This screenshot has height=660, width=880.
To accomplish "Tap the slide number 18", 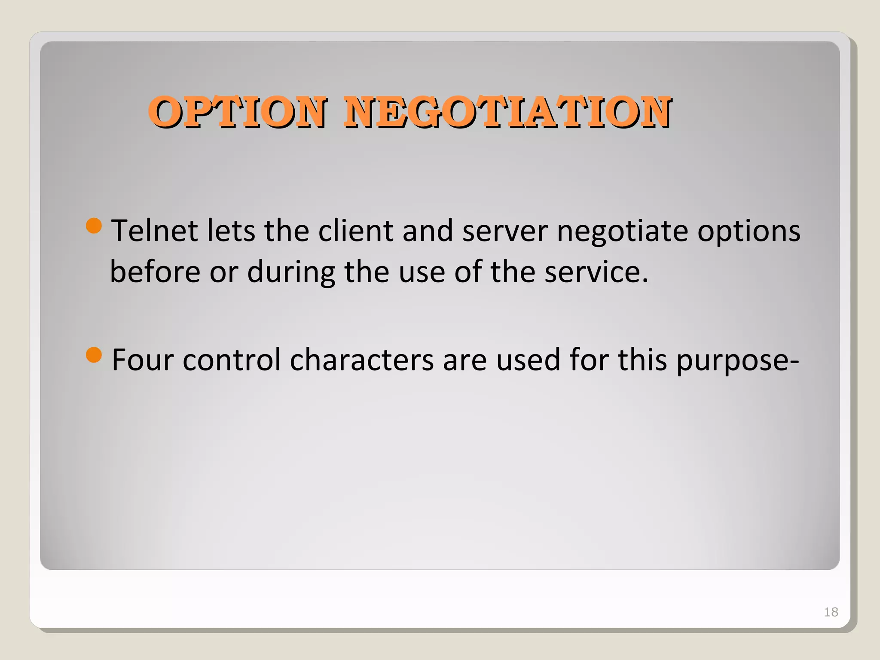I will pos(831,612).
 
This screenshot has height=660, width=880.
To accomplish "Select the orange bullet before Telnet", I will pos(94,226).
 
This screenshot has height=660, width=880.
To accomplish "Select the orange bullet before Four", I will pos(94,355).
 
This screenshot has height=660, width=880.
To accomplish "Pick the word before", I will pos(155,272).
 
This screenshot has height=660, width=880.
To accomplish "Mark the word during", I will pos(291,273).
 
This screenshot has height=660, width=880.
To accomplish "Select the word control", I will pos(232,360).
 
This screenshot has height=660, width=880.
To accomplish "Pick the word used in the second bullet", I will pos(528,360).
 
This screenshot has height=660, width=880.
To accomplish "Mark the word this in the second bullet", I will pos(642,360).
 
